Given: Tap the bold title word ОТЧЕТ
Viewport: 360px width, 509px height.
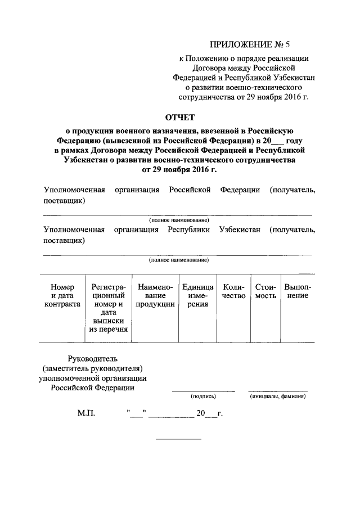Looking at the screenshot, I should click(179, 117).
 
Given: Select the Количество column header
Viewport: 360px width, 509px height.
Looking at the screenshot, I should click(234, 291).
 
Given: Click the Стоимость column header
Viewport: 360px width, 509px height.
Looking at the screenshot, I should click(265, 291).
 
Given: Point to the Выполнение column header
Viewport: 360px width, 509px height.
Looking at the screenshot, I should click(298, 291).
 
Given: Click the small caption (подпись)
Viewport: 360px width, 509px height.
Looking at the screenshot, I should click(202, 396).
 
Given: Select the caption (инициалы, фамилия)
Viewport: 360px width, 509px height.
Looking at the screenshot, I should click(278, 396).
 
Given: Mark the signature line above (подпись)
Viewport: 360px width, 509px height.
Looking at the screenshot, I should click(203, 390).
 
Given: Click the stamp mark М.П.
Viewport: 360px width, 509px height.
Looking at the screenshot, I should click(86, 414).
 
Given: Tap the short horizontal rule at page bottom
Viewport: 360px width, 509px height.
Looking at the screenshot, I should click(178, 439).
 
